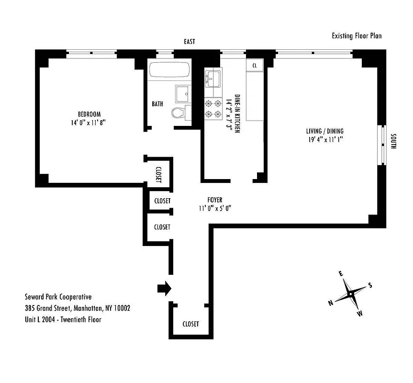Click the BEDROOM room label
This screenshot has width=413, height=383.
[x=89, y=114]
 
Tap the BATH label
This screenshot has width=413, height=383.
[x=157, y=103]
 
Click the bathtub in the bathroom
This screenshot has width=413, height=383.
[x=170, y=70]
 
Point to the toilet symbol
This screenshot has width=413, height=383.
[x=179, y=113]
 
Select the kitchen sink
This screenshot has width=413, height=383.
[x=213, y=78]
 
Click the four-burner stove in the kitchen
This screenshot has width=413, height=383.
[x=213, y=108]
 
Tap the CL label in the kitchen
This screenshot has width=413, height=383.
[x=255, y=66]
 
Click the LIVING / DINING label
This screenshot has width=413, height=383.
[x=325, y=131]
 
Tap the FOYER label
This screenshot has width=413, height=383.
[x=215, y=200]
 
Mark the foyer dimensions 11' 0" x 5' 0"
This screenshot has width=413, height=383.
[x=215, y=208]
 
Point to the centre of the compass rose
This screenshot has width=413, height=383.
[x=351, y=293]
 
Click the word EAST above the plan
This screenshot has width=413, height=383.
[x=190, y=42]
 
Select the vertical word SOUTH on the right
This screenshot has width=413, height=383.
[x=393, y=141]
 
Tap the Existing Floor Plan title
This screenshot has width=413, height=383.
[x=357, y=36]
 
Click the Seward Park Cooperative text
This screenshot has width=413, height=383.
[x=58, y=297]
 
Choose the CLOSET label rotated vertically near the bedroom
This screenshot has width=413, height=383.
[x=158, y=174]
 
